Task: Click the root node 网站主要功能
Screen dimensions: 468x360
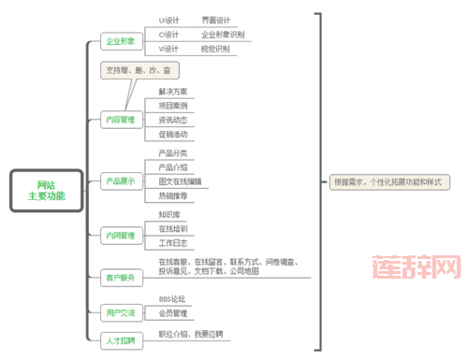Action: click(x=46, y=190)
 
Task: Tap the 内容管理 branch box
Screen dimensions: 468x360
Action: click(x=120, y=119)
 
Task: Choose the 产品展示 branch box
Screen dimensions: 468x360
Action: click(x=120, y=180)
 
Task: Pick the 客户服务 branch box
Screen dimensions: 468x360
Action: click(x=120, y=277)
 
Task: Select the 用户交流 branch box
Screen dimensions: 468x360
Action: click(x=120, y=311)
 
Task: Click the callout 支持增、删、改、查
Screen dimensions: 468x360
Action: click(x=139, y=71)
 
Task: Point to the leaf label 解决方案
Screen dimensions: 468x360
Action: click(x=172, y=92)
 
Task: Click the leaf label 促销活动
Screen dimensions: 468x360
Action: click(x=172, y=134)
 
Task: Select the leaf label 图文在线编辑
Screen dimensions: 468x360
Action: click(x=180, y=180)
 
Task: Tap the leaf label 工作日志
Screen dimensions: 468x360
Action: click(x=172, y=242)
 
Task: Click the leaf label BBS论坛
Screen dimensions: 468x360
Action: click(x=172, y=299)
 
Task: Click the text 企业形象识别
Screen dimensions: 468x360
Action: click(x=223, y=34)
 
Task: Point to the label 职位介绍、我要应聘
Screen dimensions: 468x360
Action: click(x=191, y=333)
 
